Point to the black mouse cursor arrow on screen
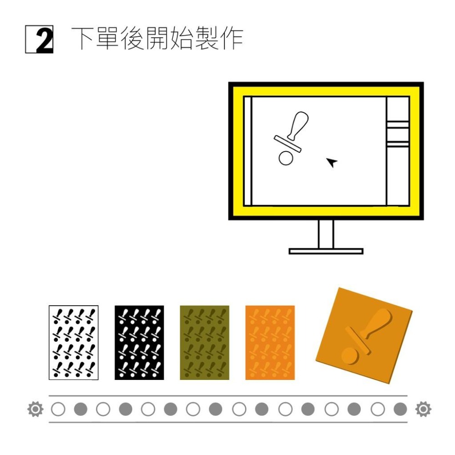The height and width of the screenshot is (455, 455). [x=333, y=162]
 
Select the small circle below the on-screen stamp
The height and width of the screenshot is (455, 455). [x=285, y=158]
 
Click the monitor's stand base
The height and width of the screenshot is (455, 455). [x=326, y=251]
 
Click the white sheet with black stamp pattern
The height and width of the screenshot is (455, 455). [x=73, y=342]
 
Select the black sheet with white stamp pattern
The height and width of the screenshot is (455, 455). [x=139, y=342]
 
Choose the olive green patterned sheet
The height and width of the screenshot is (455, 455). [x=204, y=342]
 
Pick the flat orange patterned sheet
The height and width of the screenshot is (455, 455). [x=270, y=342]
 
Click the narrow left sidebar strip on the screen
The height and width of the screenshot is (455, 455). [x=248, y=151]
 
